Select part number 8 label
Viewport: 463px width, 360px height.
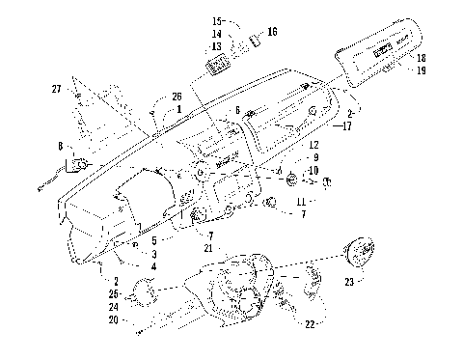pyautogui.click(x=61, y=147)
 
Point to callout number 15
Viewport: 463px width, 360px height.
pyautogui.click(x=217, y=20)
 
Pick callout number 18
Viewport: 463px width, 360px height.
pyautogui.click(x=420, y=59)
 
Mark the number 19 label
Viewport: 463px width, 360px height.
pyautogui.click(x=420, y=70)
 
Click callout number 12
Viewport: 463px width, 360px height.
pyautogui.click(x=313, y=145)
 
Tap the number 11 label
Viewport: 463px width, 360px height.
pyautogui.click(x=304, y=202)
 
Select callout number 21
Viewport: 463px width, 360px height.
pyautogui.click(x=209, y=248)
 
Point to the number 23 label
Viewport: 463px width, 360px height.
pyautogui.click(x=348, y=283)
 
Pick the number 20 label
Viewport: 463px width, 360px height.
pyautogui.click(x=114, y=319)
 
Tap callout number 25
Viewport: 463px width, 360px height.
pyautogui.click(x=114, y=293)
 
